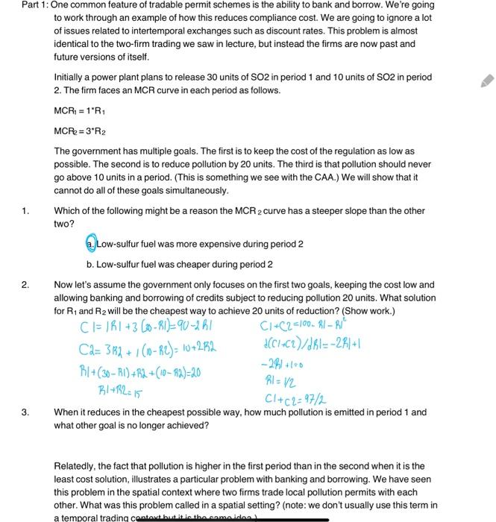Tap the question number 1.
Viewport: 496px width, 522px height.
coord(25,211)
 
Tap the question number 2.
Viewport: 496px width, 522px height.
coord(25,285)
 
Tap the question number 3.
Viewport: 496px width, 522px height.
coord(25,412)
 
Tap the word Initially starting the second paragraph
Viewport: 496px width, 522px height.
coord(72,77)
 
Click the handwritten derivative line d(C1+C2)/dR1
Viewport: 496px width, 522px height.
coord(302,344)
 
